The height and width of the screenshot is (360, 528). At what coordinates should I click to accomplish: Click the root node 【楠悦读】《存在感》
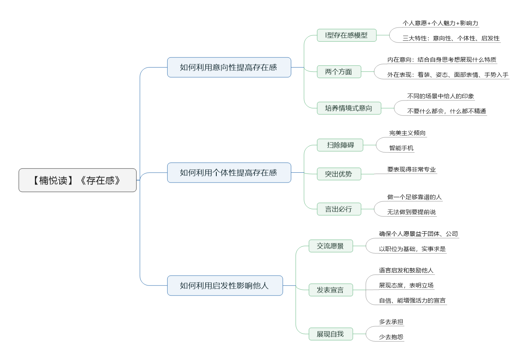tap(78, 180)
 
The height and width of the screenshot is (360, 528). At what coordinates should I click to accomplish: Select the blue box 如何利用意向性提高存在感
tap(229, 68)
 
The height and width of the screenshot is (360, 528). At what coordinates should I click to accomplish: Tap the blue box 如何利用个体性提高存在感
tap(229, 173)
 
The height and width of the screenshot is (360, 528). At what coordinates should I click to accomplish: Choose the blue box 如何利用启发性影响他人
tap(225, 285)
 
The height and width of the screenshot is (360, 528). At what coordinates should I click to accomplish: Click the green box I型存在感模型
tap(347, 35)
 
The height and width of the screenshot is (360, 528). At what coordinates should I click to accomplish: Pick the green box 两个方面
tap(339, 72)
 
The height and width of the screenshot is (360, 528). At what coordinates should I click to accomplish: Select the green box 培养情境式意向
tap(349, 108)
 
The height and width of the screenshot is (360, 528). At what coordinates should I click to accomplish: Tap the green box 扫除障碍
tap(340, 145)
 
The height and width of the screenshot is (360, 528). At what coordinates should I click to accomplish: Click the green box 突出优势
tap(339, 174)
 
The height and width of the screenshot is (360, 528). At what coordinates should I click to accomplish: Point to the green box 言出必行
tap(339, 209)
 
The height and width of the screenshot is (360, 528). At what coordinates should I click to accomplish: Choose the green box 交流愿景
tap(331, 246)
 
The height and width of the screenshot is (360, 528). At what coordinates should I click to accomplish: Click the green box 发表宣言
tap(331, 290)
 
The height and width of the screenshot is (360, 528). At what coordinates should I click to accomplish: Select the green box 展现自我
tap(331, 334)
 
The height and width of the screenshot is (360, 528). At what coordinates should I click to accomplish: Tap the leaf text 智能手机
tap(401, 148)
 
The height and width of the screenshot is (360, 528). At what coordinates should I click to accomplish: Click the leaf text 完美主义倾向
tap(407, 133)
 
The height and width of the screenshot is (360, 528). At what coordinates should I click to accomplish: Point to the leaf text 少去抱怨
tap(391, 337)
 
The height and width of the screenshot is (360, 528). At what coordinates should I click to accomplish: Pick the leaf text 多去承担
tap(391, 322)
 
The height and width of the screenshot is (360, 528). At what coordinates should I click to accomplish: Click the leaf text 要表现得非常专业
tap(411, 170)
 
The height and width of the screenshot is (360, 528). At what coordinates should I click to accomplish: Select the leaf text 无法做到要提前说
tap(411, 212)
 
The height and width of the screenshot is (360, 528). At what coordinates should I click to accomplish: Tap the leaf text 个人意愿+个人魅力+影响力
tap(440, 23)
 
